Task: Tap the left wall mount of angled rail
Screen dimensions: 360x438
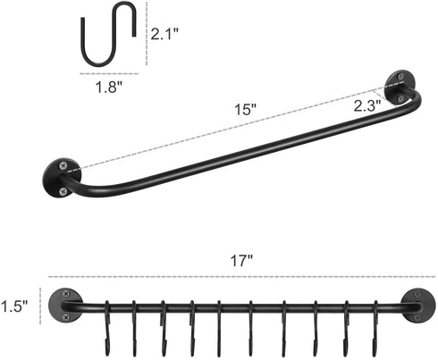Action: [59, 176]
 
